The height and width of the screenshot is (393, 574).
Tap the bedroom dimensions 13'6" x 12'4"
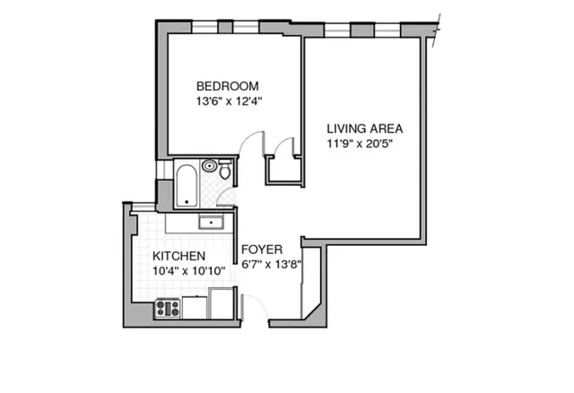coord(227,101)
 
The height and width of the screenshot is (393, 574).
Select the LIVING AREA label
coord(363,127)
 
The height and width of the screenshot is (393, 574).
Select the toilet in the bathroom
coord(225,170)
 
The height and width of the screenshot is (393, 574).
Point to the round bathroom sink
coord(210,165)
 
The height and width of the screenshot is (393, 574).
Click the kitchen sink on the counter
coord(212,222)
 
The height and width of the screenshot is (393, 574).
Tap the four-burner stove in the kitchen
coord(168,309)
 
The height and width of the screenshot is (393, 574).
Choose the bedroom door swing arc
coord(253,144)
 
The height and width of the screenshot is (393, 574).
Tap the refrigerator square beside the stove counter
coord(222,303)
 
